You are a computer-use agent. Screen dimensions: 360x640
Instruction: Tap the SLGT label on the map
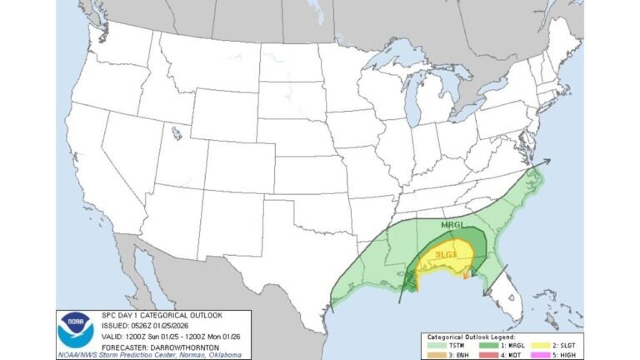point(447,253)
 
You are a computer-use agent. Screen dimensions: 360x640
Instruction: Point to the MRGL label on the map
point(450,225)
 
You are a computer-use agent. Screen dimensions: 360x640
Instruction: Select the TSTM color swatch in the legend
point(436,345)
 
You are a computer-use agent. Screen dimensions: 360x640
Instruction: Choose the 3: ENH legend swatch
point(436,354)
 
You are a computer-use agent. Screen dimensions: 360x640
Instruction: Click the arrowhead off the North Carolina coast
point(547,162)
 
